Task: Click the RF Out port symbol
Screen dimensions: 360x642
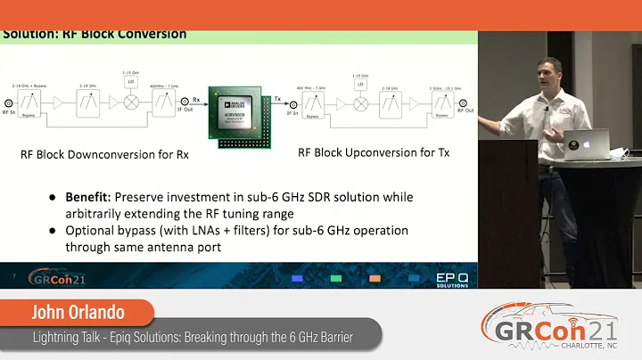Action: [x=463, y=104]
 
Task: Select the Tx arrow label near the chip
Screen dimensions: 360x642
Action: [x=277, y=99]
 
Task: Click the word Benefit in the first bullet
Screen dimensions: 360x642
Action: [x=90, y=196]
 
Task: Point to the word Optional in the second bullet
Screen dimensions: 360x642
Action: [x=93, y=230]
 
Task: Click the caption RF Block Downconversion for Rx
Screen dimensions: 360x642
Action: [x=105, y=154]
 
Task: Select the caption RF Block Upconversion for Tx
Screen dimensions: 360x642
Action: [x=374, y=152]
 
